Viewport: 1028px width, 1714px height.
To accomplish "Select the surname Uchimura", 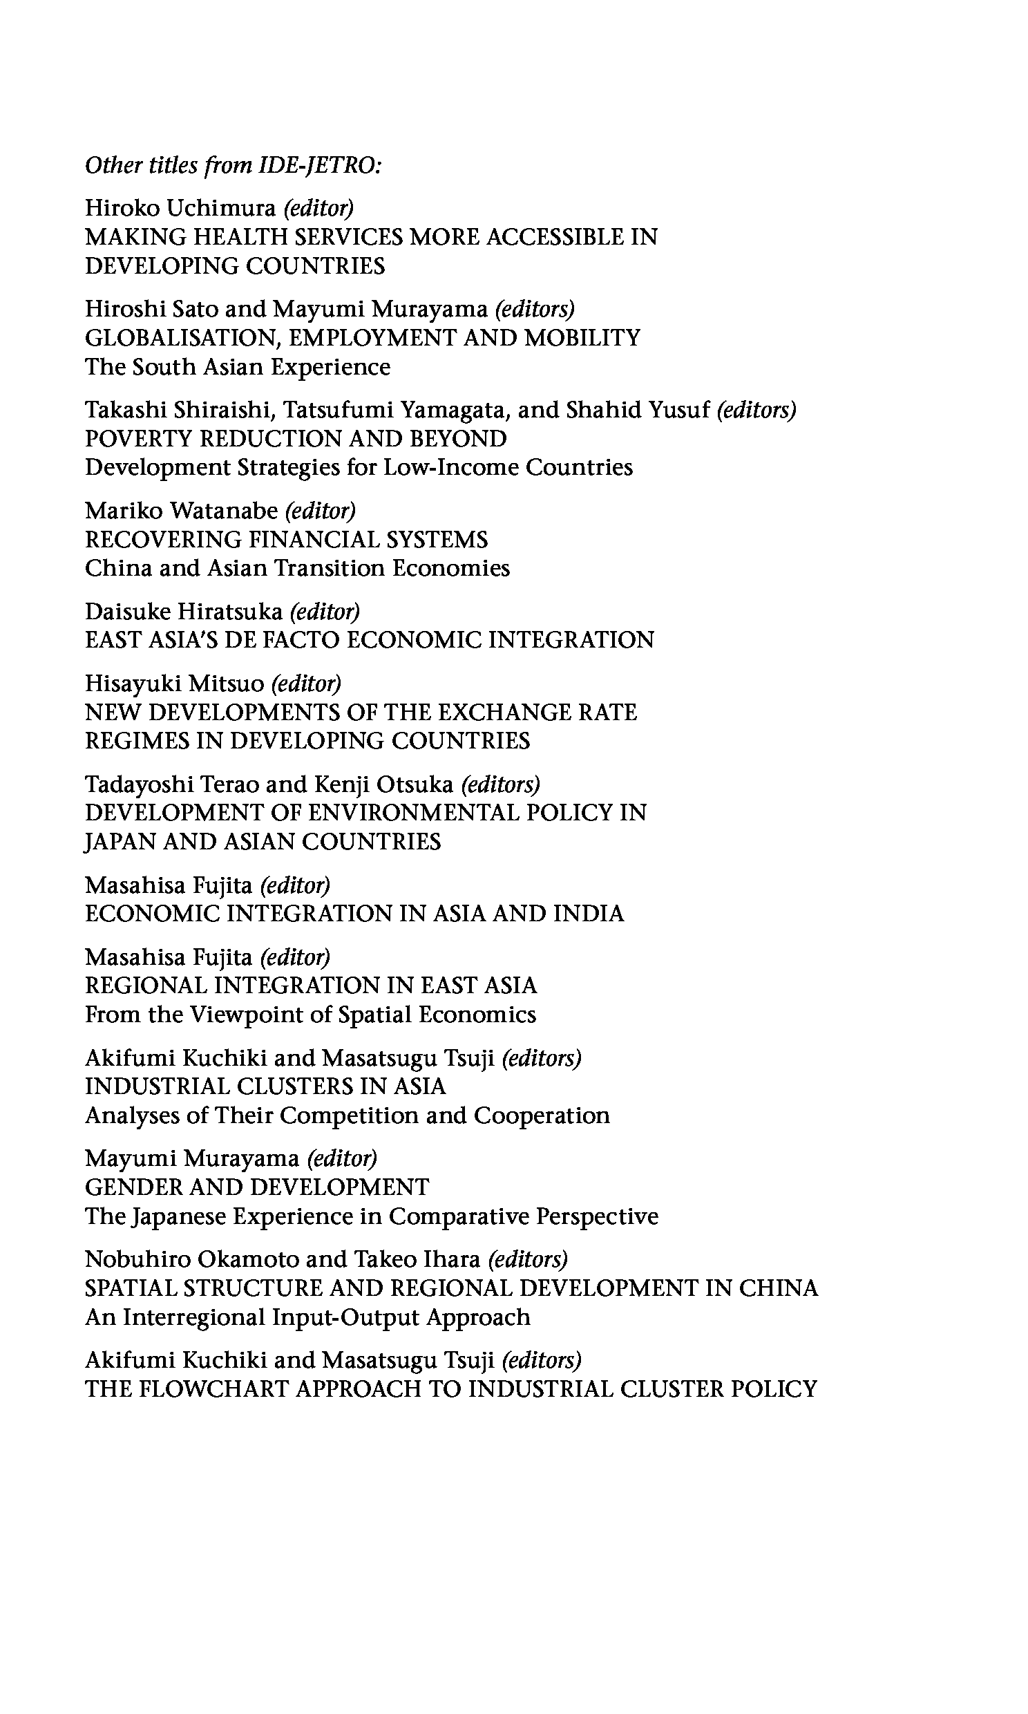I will pyautogui.click(x=222, y=207).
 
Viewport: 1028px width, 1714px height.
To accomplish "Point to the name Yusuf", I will pyautogui.click(x=679, y=409).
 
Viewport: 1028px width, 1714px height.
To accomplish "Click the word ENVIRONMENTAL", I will pyautogui.click(x=413, y=812).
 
